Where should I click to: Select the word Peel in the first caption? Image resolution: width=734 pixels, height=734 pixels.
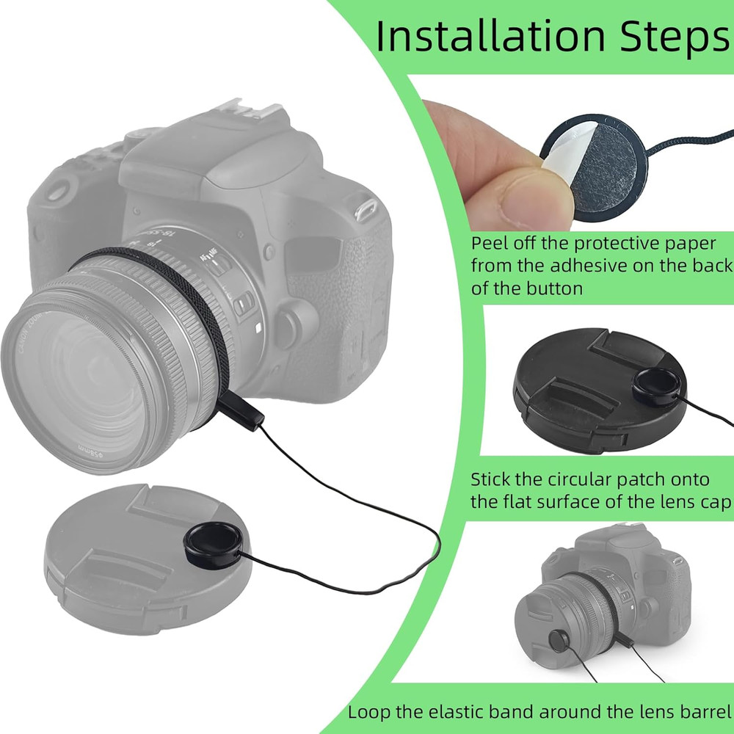(x=490, y=243)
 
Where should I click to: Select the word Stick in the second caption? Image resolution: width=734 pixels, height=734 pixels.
(x=493, y=479)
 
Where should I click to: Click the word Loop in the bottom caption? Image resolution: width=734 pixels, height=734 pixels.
(x=368, y=711)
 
